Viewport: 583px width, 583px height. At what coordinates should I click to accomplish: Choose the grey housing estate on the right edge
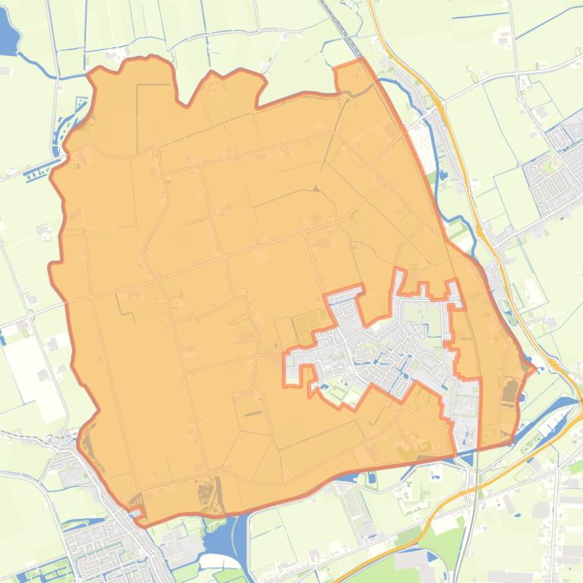point(557,167)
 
